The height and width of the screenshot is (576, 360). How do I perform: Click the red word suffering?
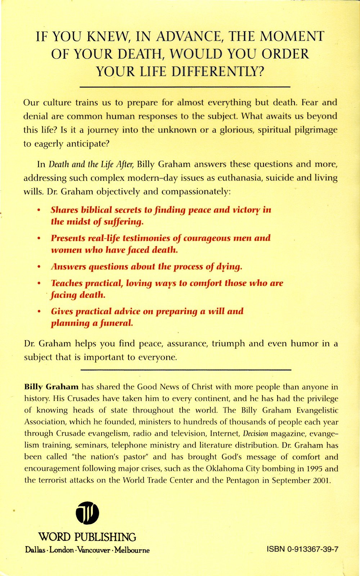coord(123,222)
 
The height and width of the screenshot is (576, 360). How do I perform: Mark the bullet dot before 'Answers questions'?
coord(39,267)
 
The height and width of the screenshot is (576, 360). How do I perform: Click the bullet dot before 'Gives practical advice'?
coord(39,312)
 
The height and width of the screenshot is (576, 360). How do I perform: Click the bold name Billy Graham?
coord(51,387)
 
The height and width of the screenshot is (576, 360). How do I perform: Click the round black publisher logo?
coord(87,513)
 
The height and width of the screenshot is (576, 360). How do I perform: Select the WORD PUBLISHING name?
coord(87,537)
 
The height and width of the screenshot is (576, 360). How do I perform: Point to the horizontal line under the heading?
coord(185,87)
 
